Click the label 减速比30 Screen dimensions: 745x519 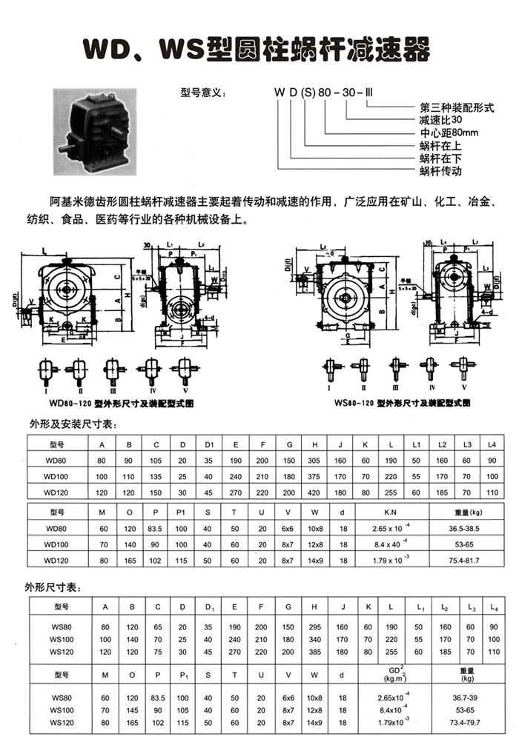click(x=440, y=119)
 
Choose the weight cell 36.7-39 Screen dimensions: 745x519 click(x=467, y=698)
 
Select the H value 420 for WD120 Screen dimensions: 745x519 click(x=315, y=491)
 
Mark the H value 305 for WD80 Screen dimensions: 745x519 click(x=315, y=460)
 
